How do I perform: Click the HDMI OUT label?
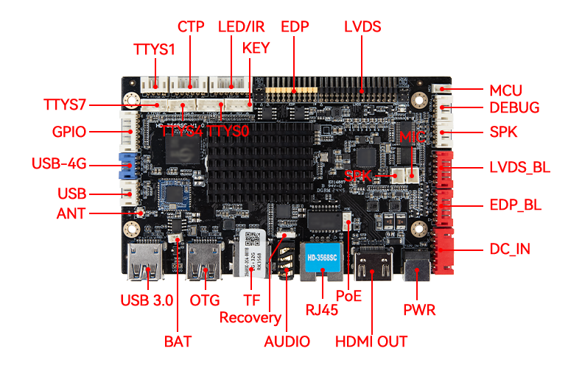(371, 342)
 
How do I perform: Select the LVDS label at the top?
(362, 27)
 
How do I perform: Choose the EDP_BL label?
(515, 205)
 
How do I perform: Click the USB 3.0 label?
(147, 300)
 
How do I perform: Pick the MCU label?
(505, 91)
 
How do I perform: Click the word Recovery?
(250, 318)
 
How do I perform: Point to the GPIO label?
(70, 132)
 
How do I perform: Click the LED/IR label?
(242, 27)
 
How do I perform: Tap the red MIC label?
(413, 138)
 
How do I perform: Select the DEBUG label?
(514, 108)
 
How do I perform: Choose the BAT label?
(177, 342)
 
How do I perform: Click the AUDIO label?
(287, 342)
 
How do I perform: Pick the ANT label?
(71, 214)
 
